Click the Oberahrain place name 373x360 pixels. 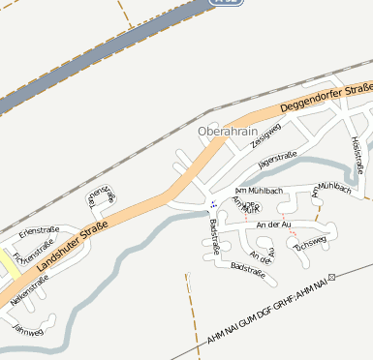(227, 131)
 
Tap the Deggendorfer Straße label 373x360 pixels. (326, 98)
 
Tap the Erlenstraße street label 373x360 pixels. (39, 230)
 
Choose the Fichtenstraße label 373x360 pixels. (30, 257)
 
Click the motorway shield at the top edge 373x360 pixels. (225, 3)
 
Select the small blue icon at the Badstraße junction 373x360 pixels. (212, 204)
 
